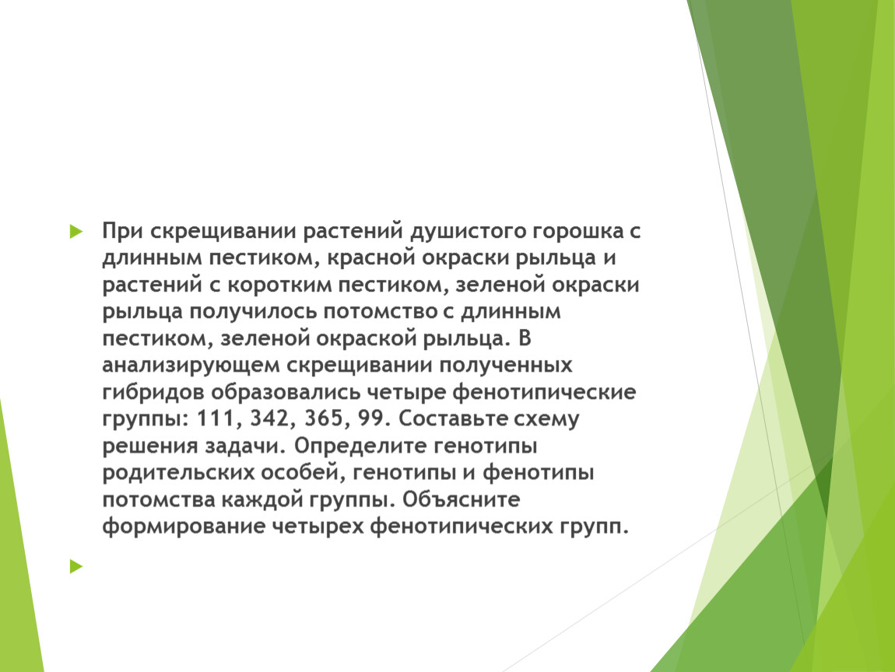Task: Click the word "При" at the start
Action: click(x=123, y=231)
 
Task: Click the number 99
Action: click(x=370, y=419)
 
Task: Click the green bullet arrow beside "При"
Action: click(x=75, y=232)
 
